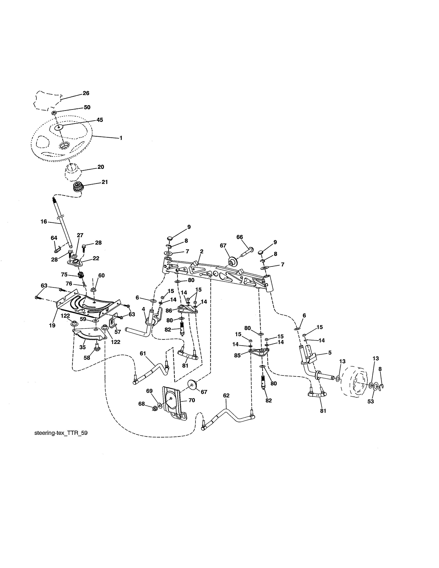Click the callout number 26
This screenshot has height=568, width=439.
pos(86,93)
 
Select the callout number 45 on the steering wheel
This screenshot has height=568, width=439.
pos(100,120)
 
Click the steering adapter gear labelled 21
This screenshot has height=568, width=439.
pos(77,187)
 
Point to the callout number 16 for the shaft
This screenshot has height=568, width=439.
pos(44,222)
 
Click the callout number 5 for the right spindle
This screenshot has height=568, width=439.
pos(330,353)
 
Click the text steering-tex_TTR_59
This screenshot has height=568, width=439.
pos(61,433)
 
